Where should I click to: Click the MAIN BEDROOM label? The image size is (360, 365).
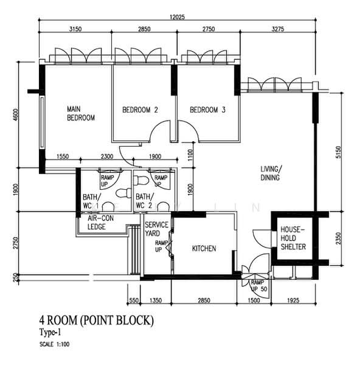(x=81, y=113)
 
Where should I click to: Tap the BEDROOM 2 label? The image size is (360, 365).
(x=140, y=109)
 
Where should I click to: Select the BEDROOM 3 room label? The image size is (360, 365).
(x=207, y=109)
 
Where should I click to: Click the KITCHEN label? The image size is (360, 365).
(x=204, y=248)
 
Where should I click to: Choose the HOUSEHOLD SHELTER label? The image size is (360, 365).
(x=293, y=238)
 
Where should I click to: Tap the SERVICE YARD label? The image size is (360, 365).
(x=156, y=229)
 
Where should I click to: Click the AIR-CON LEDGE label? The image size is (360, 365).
(x=100, y=222)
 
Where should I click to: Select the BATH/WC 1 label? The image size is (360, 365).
(x=92, y=201)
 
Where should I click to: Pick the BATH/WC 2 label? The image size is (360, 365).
(x=145, y=201)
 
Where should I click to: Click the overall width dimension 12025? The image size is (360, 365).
(x=177, y=17)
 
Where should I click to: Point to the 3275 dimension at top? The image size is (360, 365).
(x=278, y=29)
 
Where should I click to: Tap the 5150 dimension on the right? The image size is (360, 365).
(x=338, y=152)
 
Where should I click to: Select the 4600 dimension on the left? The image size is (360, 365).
(x=15, y=115)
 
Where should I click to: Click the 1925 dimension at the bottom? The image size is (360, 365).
(x=293, y=301)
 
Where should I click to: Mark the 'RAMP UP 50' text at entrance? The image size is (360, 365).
(x=259, y=286)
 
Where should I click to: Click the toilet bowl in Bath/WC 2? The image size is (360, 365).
(x=142, y=180)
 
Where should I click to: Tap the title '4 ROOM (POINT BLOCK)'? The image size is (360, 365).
(x=97, y=321)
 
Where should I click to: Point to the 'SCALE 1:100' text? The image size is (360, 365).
(x=55, y=344)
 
